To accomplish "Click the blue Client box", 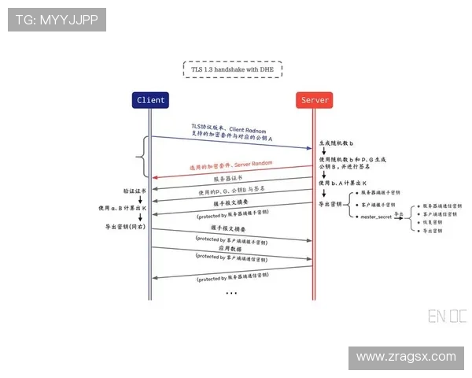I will point(151,100).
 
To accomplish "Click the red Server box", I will point(315,100).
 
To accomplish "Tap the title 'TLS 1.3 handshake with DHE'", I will point(233,69).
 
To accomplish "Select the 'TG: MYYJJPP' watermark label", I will point(57,20).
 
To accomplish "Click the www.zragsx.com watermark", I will point(405,357).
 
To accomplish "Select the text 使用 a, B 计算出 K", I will point(124,208).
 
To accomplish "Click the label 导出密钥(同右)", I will point(125,226).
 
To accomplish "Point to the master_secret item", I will point(375,216).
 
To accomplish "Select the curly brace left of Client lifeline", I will point(142,156).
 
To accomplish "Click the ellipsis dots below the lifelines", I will point(231,293).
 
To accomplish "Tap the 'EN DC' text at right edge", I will point(447,317).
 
